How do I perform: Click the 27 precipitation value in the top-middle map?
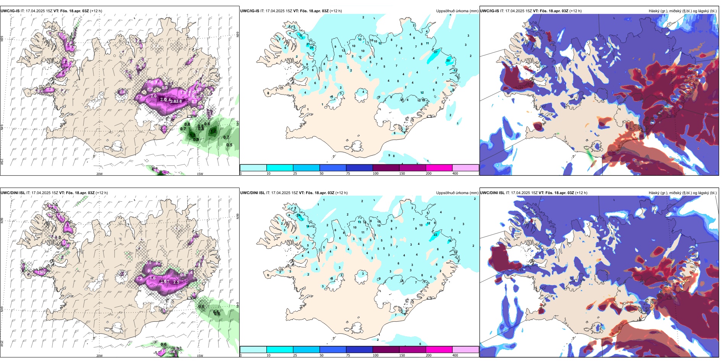point(436,52)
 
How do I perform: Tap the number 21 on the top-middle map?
point(308,44)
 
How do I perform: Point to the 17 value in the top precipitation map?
point(301,36)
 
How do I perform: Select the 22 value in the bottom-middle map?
point(435,235)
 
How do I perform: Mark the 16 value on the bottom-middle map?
point(450,241)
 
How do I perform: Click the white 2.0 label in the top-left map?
point(153,96)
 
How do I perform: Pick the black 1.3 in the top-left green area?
point(192,135)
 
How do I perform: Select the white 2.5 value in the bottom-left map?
point(176,282)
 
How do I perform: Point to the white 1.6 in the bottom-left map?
point(153,278)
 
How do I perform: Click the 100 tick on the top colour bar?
point(376,173)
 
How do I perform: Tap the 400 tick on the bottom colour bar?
point(455,355)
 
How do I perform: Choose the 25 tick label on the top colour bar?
point(295,173)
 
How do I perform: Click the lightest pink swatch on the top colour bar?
point(465,168)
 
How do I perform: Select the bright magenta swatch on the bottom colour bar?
point(439,350)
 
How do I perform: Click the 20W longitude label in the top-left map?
point(99,174)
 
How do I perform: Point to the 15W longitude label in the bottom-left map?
point(200,356)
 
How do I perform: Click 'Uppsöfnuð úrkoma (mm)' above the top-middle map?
point(457,11)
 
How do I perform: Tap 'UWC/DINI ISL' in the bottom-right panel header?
point(492,193)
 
